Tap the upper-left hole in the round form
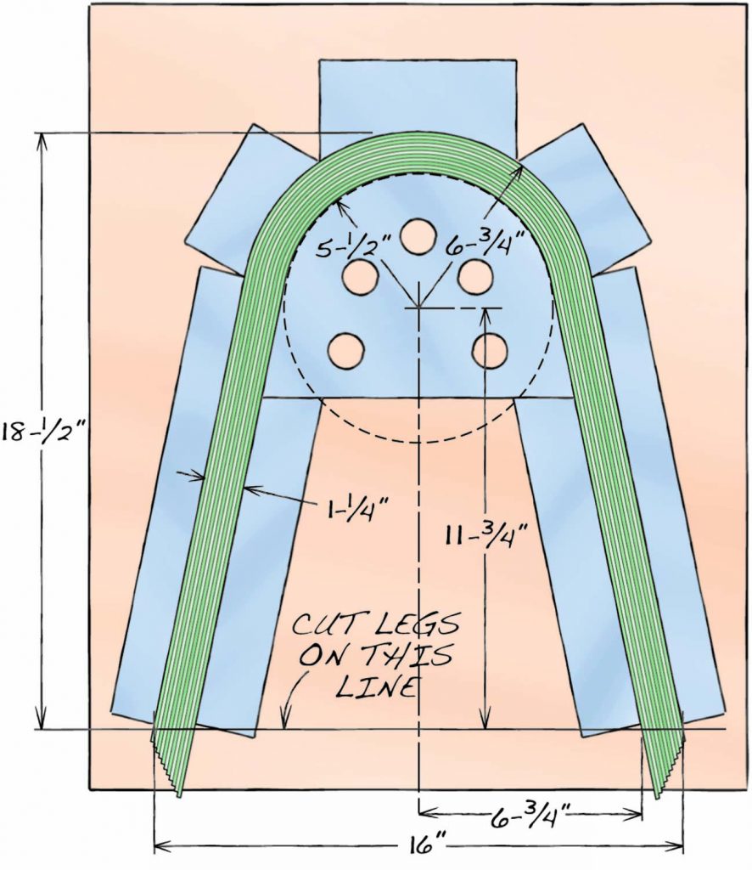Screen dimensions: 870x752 [x=359, y=276]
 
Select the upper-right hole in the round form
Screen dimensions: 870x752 [x=475, y=276]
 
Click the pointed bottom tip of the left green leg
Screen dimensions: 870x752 [x=179, y=795]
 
